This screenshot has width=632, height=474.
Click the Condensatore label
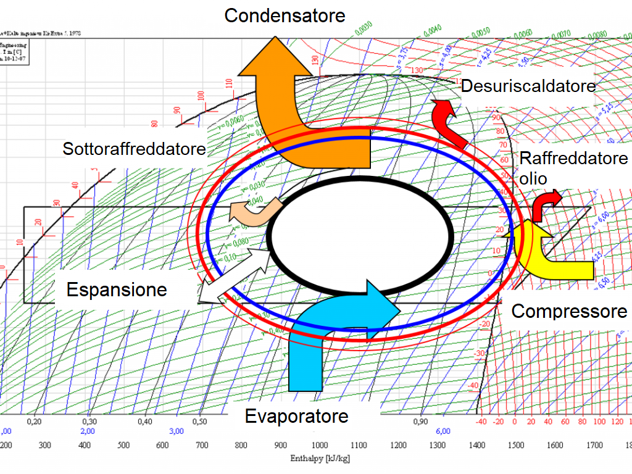pos(285,15)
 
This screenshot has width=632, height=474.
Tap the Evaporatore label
pos(296,416)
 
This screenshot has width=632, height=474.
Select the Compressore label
pos(568,311)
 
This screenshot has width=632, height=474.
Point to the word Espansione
pos(117,289)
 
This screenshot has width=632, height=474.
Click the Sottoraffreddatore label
pos(134,149)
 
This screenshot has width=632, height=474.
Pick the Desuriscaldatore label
pos(528,86)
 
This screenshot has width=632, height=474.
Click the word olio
pos(533,178)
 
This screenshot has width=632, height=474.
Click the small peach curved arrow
pos(254,212)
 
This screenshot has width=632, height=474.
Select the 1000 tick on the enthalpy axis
pos(320,445)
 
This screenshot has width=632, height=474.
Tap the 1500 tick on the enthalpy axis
pos(517,445)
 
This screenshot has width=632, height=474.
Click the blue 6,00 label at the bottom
pos(443,431)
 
